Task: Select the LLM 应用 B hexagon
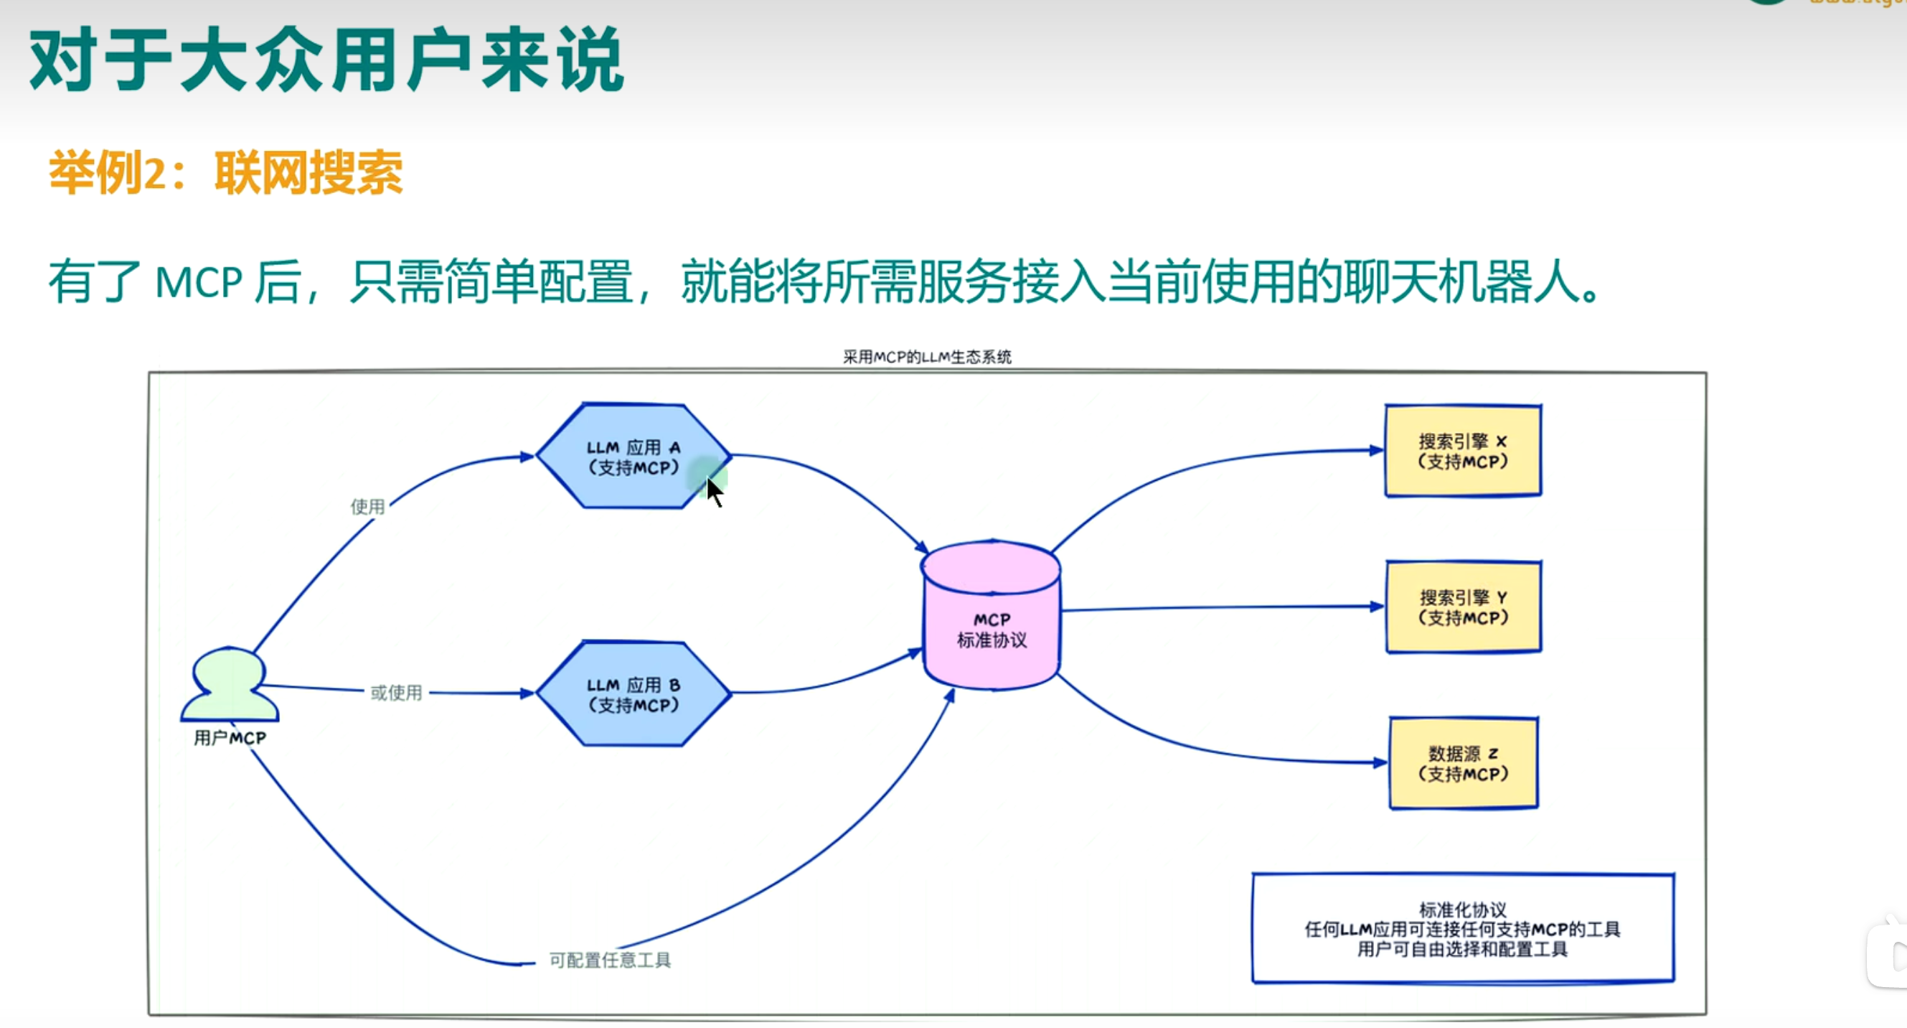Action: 633,694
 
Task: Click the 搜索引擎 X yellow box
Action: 1463,451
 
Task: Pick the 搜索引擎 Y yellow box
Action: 1463,607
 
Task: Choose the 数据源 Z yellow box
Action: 1463,764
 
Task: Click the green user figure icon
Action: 230,685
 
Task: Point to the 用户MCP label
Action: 230,738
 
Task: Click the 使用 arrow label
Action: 367,507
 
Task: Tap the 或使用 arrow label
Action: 396,693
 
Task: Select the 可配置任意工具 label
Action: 609,960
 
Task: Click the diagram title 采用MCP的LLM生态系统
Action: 927,357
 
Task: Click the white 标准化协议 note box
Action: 1462,929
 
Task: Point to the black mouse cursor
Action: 713,491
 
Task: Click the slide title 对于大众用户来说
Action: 326,61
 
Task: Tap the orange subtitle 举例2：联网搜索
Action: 226,173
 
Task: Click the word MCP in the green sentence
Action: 199,283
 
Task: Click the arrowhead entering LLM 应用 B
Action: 527,694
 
